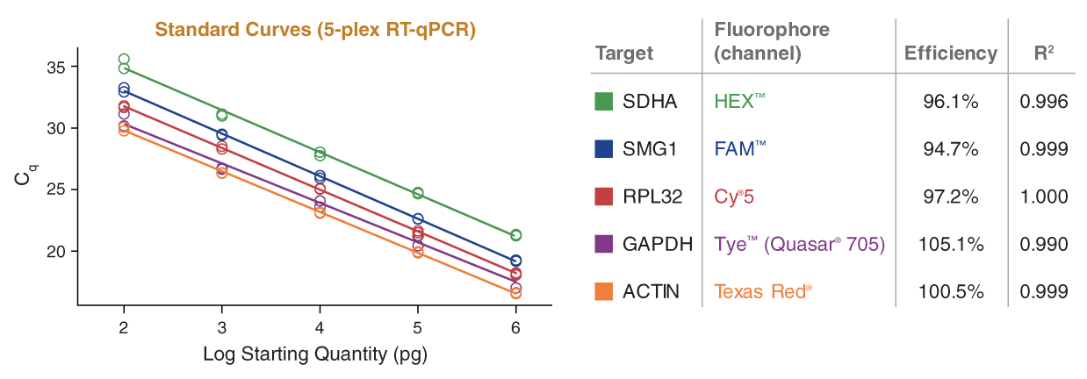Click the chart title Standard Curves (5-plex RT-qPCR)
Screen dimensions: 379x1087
[315, 31]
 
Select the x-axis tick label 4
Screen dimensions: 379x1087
[320, 327]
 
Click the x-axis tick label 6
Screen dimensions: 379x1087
[515, 327]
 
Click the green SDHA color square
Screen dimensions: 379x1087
[603, 102]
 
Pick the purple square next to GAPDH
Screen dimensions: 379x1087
[603, 244]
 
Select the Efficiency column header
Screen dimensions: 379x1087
[951, 53]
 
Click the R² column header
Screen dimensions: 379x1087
[1044, 53]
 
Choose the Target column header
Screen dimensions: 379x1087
[624, 53]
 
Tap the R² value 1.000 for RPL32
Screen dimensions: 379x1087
[1044, 197]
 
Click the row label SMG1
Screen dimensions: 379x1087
[649, 149]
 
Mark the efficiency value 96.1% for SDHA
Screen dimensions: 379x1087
[951, 102]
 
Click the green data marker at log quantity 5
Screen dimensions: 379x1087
[418, 193]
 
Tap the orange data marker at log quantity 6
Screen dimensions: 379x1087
[515, 293]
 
